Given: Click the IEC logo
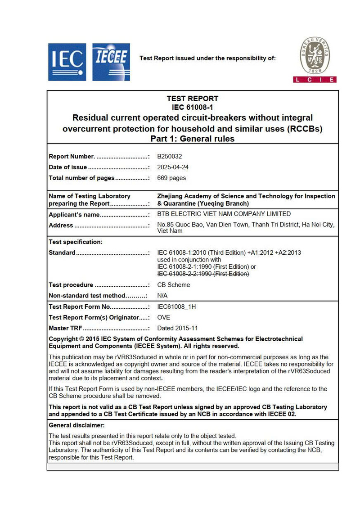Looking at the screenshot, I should tap(67, 62).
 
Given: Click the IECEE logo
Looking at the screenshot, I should tap(111, 62).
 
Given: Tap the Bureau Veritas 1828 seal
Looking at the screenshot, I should tap(315, 56).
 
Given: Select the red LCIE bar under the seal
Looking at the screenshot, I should tap(315, 80).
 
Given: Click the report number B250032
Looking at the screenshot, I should tap(170, 157).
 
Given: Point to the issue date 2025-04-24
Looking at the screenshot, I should tap(173, 167).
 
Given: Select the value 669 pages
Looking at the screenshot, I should tap(171, 178).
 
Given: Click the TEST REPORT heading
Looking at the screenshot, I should tap(193, 99).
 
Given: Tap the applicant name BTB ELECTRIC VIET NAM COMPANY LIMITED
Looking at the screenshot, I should tap(224, 214).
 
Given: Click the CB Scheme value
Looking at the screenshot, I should tap(173, 285).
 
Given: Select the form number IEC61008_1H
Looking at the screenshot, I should tap(176, 307).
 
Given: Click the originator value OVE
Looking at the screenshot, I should tap(164, 317).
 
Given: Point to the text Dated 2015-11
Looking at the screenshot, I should tap(177, 328).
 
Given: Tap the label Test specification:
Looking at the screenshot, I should tap(76, 242).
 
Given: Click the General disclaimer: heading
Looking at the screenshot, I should tap(76, 425).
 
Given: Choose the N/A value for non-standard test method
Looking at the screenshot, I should tap(162, 296).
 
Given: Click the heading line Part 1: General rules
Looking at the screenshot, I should tap(193, 139).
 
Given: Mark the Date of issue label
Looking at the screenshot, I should tap(67, 167).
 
